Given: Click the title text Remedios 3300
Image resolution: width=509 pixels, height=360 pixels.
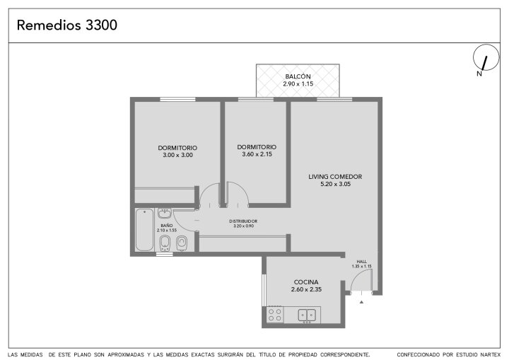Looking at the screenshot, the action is tap(67, 25).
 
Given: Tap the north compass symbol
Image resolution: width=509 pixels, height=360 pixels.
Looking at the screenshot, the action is tap(486, 58).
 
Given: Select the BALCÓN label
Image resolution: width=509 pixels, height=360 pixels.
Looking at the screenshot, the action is tap(298, 76).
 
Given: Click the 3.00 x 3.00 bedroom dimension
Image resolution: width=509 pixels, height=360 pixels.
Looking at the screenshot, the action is tap(178, 156).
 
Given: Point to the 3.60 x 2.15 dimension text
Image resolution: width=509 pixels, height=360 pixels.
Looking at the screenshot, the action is tap(257, 154).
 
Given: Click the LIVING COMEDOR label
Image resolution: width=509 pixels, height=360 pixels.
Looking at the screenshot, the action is tap(335, 177).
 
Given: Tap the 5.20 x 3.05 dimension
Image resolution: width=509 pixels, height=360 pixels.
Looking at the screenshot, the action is tap(336, 184).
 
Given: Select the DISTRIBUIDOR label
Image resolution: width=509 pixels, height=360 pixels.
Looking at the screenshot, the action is tap(243, 221).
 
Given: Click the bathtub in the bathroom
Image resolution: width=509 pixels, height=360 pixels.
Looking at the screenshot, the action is tap(144, 230).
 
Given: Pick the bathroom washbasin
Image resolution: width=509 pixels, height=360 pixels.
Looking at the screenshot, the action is tap(165, 214).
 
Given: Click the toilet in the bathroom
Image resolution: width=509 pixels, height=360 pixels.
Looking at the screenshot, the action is tap(182, 243).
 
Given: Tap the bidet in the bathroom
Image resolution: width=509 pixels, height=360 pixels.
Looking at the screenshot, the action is tap(165, 243).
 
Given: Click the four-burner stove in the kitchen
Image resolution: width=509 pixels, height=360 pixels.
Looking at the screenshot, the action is tap(274, 315).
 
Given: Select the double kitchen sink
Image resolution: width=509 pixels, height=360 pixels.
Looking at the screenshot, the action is tap(307, 315).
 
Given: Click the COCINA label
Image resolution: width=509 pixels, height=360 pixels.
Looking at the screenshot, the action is tap(306, 282).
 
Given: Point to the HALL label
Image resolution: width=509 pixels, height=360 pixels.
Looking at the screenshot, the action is tap(362, 262).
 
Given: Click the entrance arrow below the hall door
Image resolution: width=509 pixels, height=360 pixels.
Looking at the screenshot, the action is tap(361, 302).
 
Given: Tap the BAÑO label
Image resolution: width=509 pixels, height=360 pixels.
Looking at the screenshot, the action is tap(167, 226).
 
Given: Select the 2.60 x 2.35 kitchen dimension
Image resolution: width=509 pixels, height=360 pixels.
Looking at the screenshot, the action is tap(306, 289).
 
